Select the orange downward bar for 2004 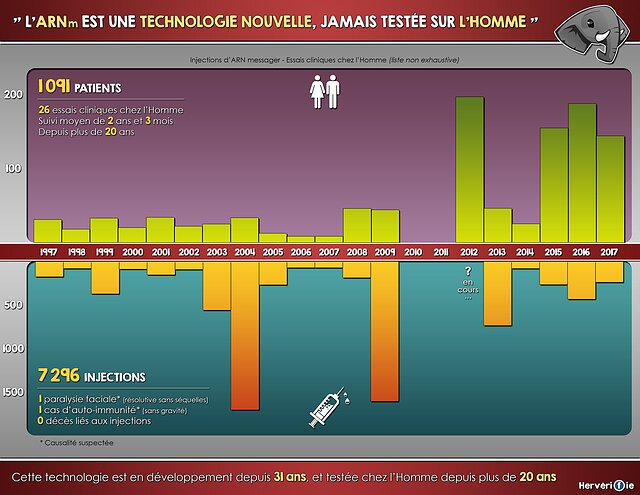click(x=245, y=335)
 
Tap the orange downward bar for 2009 click(x=385, y=330)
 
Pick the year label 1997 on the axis click(x=47, y=253)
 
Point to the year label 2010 click(x=413, y=253)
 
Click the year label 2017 click(x=609, y=253)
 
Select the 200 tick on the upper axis click(x=13, y=95)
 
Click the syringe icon click(x=326, y=405)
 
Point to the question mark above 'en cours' click(x=467, y=271)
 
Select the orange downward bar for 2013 click(x=497, y=294)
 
